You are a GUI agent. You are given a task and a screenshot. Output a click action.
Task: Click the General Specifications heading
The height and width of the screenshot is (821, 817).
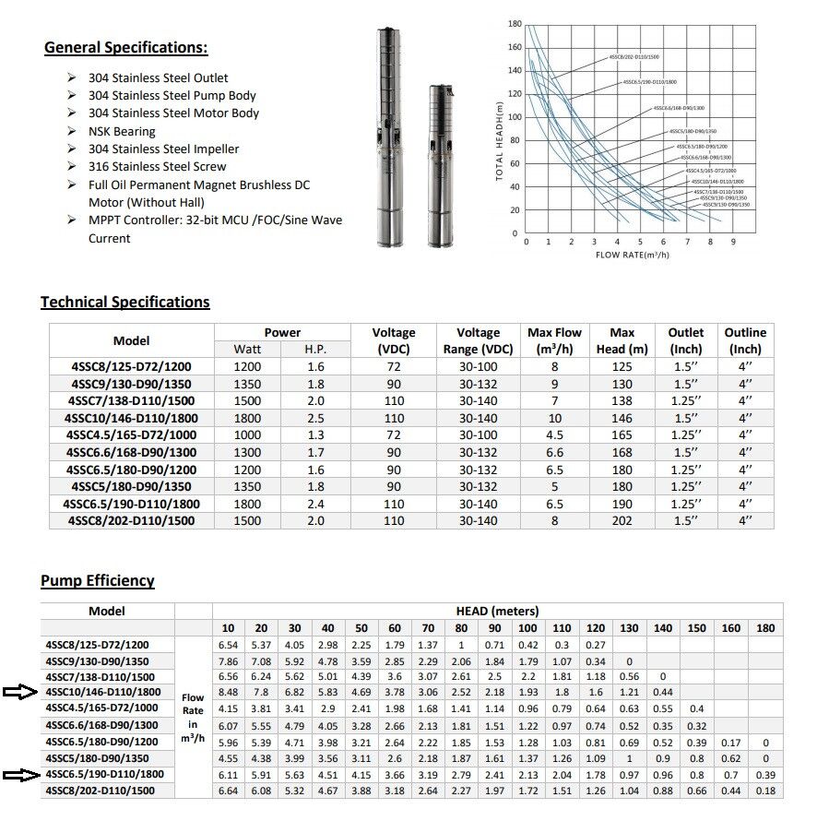tap(126, 48)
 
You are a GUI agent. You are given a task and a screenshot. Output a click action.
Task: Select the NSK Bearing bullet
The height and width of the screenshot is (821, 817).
tap(122, 131)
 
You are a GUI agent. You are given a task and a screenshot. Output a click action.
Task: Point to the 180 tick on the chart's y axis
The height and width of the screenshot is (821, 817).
tap(515, 24)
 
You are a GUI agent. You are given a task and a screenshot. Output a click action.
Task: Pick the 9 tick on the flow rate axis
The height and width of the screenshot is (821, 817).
tap(734, 241)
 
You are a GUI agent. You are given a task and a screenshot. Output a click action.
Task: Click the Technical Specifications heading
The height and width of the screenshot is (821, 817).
tap(124, 302)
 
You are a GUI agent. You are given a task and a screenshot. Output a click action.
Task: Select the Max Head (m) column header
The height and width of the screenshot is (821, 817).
tap(622, 340)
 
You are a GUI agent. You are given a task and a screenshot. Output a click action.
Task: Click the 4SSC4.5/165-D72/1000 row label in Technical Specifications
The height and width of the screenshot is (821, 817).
tap(130, 435)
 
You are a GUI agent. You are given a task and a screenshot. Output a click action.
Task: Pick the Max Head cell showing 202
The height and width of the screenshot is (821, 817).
tap(622, 521)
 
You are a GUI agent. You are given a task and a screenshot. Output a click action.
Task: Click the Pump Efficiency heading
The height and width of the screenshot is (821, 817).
tap(97, 580)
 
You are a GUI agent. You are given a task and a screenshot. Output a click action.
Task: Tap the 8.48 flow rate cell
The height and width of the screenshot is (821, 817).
tap(229, 692)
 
